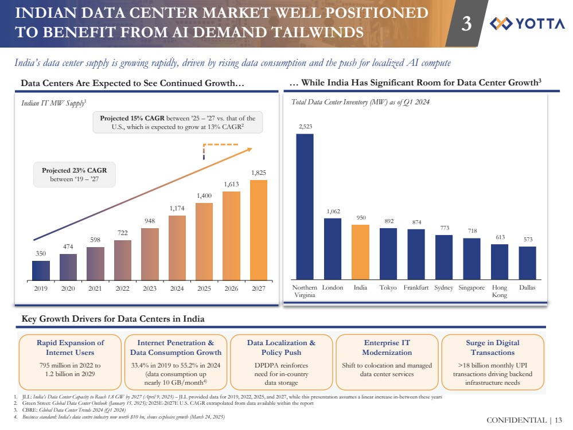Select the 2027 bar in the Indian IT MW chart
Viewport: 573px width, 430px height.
(x=258, y=229)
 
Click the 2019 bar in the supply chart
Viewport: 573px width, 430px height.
(x=41, y=269)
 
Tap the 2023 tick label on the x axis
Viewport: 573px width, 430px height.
(x=149, y=288)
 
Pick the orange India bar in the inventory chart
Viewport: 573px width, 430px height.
(x=360, y=251)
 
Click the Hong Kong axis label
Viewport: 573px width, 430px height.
(x=500, y=291)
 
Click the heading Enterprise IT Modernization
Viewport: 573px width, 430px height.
(x=387, y=347)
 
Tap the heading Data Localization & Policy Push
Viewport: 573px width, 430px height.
(x=281, y=347)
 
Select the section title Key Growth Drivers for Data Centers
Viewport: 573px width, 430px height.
(x=113, y=318)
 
